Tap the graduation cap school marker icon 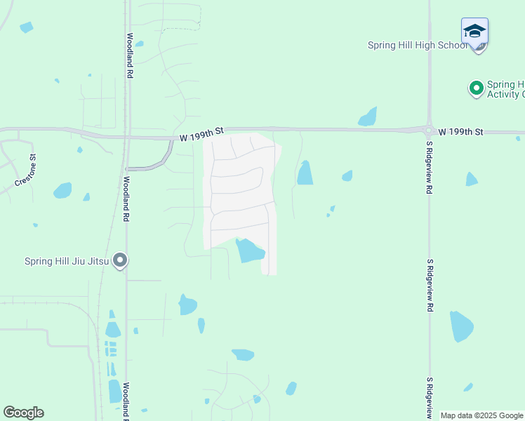tap(474, 32)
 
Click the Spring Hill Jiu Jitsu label tap(67, 261)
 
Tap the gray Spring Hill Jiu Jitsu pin tap(120, 260)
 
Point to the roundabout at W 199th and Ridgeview tap(429, 130)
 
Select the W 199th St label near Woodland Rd tap(201, 131)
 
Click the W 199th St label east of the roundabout tap(461, 131)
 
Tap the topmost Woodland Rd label tap(130, 50)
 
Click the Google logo tap(23, 412)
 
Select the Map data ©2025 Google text tap(481, 415)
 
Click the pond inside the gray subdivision tap(249, 250)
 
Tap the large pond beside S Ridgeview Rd tap(461, 326)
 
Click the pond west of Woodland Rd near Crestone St tap(62, 190)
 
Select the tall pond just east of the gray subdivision tap(305, 173)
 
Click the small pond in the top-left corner tap(27, 27)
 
